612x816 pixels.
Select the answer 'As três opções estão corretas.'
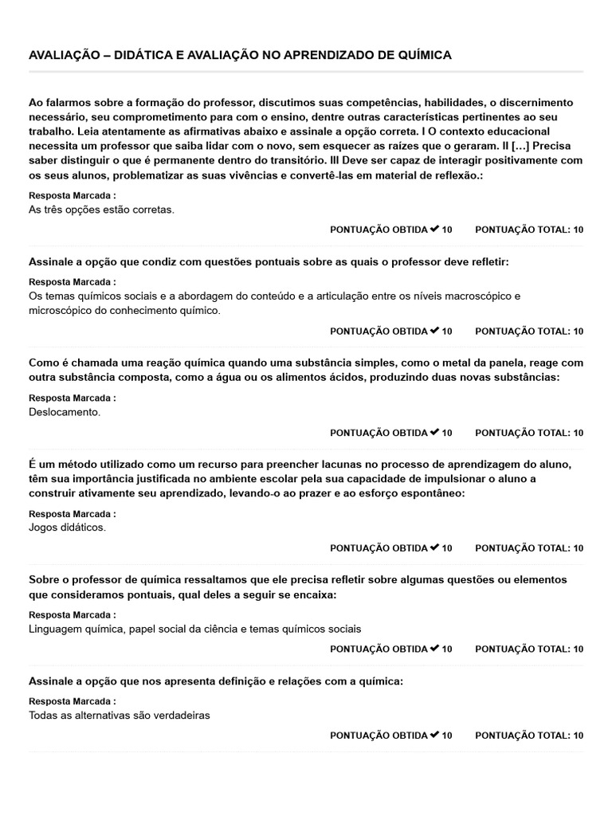click(101, 210)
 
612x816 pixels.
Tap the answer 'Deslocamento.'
click(65, 412)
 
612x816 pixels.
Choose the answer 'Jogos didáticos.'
click(67, 527)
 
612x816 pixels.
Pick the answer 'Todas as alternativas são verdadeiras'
click(120, 715)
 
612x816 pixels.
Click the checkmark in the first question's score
click(434, 229)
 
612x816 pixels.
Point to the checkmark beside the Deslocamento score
click(434, 432)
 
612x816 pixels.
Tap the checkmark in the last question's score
click(434, 734)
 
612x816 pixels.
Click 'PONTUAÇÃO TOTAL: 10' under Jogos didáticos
click(529, 547)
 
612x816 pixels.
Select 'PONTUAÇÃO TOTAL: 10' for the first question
click(529, 229)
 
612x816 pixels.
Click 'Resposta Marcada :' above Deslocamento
click(73, 398)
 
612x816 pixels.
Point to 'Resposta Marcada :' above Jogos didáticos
click(73, 513)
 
